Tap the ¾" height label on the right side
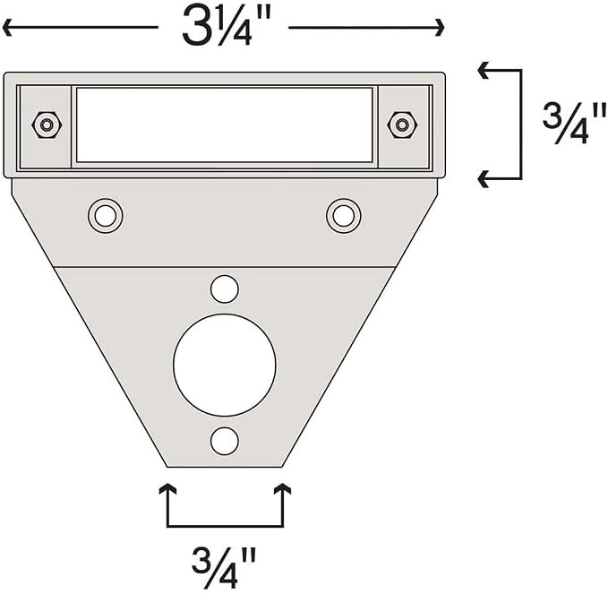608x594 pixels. tap(574, 124)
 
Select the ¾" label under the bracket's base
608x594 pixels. tap(224, 568)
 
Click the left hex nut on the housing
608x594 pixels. tap(47, 125)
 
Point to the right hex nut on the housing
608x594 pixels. tap(402, 125)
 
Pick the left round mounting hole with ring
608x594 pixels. tap(105, 216)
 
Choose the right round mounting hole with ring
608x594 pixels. tap(344, 216)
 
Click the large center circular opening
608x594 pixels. tap(225, 365)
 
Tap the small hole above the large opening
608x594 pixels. tap(225, 289)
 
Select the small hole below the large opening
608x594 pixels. tap(225, 441)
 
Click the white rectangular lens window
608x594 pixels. tap(225, 125)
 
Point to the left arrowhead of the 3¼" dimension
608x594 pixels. tap(8, 27)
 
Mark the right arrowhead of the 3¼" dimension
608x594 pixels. tap(439, 27)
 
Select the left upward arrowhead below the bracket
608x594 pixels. tap(167, 489)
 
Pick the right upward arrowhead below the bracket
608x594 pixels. tap(282, 489)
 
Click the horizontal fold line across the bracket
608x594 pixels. tap(225, 267)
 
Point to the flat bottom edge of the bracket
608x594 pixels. tap(225, 467)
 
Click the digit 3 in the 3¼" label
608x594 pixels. tap(195, 26)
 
